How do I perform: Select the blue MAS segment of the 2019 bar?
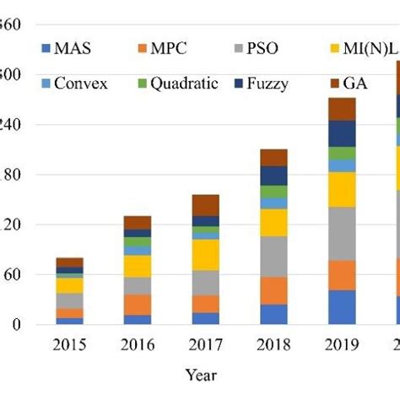coord(342,307)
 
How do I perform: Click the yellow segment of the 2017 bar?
coord(206,255)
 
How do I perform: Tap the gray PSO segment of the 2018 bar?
coord(273,257)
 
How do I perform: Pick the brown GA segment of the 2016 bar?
coord(138,222)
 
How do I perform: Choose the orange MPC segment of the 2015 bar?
coord(69,313)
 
